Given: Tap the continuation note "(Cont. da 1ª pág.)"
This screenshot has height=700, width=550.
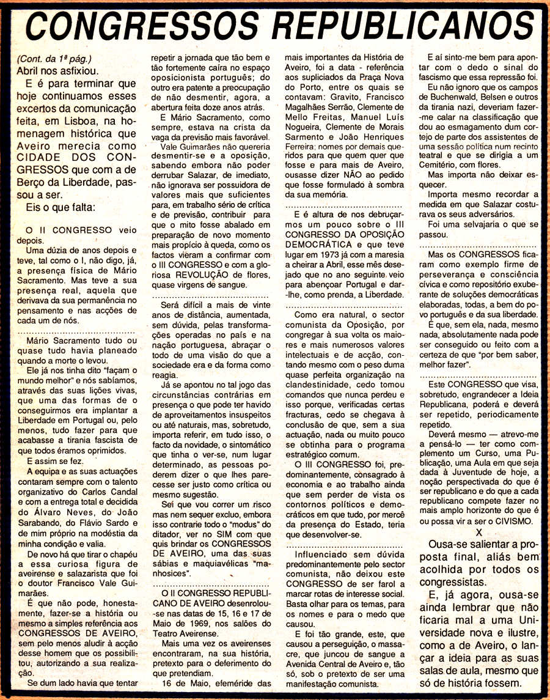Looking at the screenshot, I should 54,59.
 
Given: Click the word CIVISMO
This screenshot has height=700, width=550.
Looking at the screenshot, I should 510,521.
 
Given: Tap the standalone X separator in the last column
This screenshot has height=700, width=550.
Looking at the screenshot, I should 479,532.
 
